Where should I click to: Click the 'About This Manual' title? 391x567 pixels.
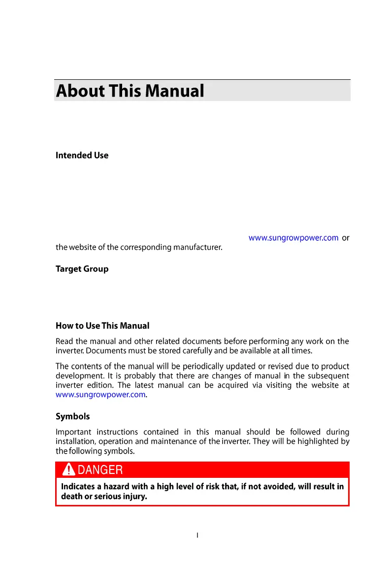point(130,91)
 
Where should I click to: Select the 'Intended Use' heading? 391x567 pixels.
point(82,155)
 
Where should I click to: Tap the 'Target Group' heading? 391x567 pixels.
point(82,269)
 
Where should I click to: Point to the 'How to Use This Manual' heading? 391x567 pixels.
point(102,326)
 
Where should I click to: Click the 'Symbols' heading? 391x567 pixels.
point(73,416)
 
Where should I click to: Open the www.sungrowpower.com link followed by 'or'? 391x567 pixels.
point(293,237)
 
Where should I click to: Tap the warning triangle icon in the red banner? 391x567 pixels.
point(69,469)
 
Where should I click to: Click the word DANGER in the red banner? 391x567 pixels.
point(100,470)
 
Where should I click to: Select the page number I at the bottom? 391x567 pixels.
point(197,535)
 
